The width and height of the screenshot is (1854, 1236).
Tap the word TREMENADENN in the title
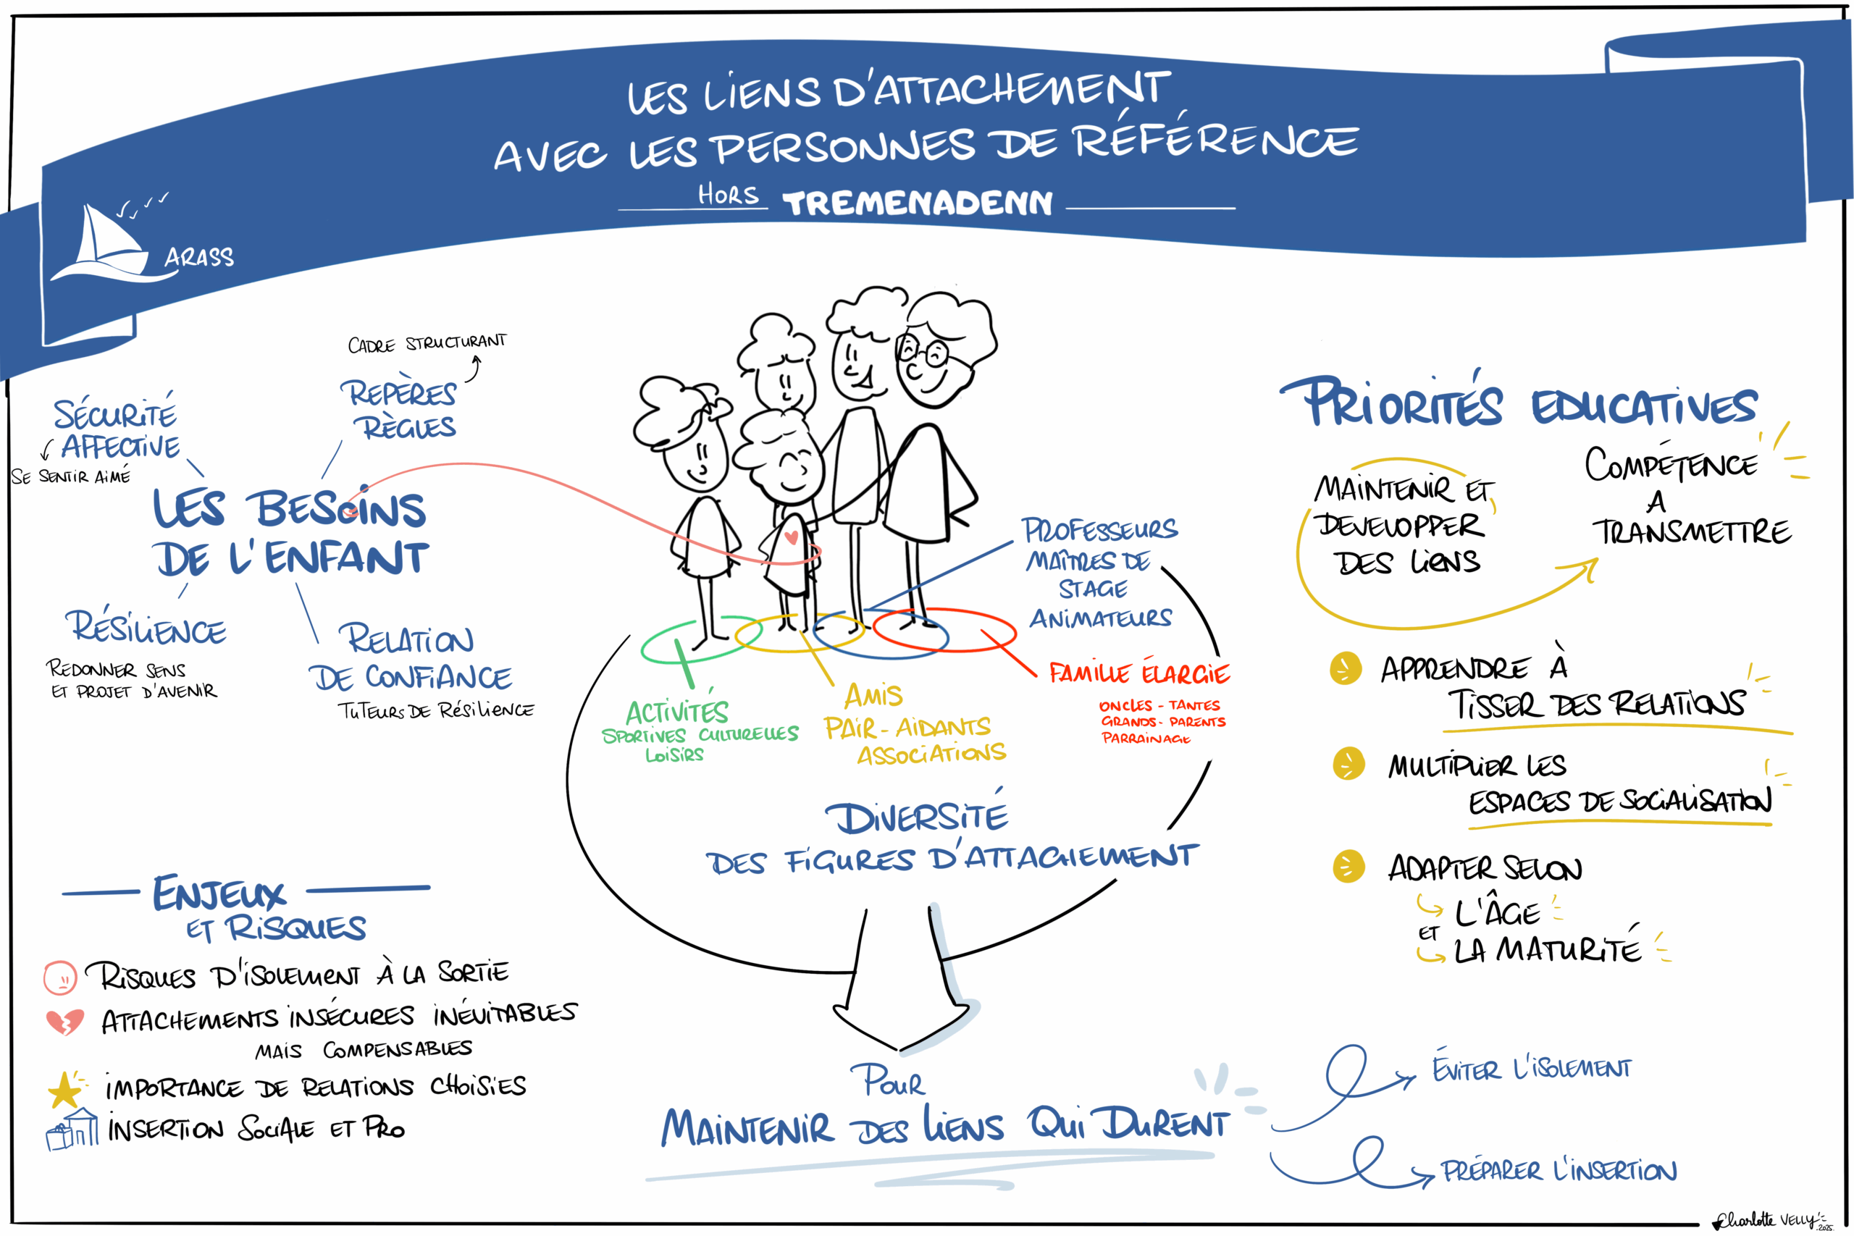click(918, 203)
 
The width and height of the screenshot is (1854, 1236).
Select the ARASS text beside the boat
click(199, 257)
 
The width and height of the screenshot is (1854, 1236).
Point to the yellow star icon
click(64, 1090)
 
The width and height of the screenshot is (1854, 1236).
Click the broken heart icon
click(64, 1022)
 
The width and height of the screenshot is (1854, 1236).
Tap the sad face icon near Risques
click(60, 978)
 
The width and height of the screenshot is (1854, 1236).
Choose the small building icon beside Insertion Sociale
click(72, 1130)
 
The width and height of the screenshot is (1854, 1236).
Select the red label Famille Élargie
click(1138, 673)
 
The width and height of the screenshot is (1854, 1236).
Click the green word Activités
click(676, 712)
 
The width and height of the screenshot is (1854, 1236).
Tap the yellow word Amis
click(873, 695)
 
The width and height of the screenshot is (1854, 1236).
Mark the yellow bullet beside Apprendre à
click(1346, 668)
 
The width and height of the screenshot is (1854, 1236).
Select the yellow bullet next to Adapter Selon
click(1348, 866)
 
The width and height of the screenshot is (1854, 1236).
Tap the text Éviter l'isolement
click(1532, 1069)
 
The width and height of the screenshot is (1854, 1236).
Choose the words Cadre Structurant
click(427, 343)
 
